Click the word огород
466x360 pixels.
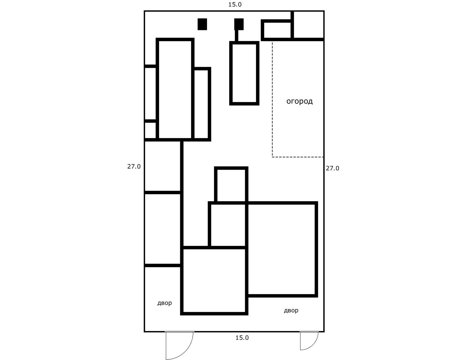[299, 101]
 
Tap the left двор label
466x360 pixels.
[164, 303]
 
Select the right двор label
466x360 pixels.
[291, 310]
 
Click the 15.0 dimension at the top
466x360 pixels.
[235, 4]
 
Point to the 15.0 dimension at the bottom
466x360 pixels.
[242, 338]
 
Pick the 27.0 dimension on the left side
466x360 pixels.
[134, 166]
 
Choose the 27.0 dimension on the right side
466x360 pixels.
[332, 168]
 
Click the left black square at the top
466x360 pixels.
[202, 24]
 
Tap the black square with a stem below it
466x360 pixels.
[239, 24]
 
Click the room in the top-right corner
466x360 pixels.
[308, 25]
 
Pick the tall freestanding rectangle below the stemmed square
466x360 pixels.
[244, 73]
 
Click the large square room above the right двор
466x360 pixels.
[281, 249]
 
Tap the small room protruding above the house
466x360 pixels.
[231, 185]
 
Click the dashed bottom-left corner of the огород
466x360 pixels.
[272, 157]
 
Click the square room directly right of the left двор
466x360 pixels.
[214, 280]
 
